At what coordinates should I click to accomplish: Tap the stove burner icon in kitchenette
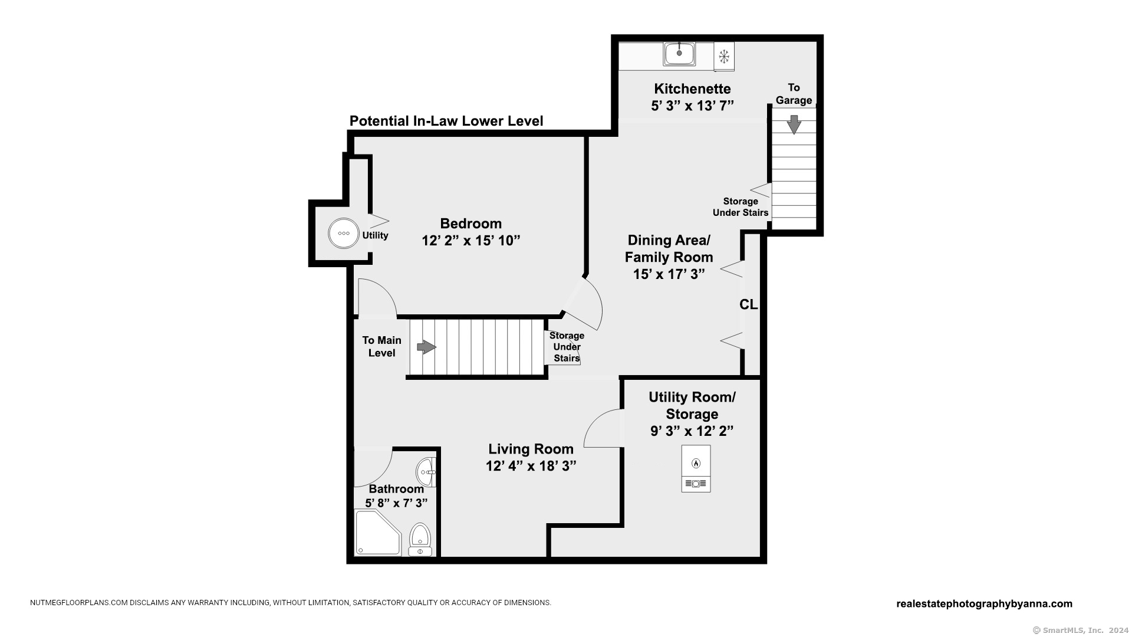click(x=724, y=57)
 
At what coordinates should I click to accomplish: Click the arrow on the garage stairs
click(x=794, y=124)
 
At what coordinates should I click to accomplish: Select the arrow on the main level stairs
click(x=426, y=347)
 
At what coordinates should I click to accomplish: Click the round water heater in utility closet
click(x=343, y=234)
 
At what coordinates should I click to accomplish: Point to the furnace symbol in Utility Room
click(x=696, y=468)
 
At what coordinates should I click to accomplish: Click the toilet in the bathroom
click(x=420, y=539)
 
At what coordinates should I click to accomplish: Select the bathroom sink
click(x=426, y=472)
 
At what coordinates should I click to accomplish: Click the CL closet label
click(x=748, y=304)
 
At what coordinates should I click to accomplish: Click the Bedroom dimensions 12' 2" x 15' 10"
click(x=471, y=241)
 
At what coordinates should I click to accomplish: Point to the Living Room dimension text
click(x=531, y=466)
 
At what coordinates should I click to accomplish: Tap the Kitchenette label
click(x=692, y=89)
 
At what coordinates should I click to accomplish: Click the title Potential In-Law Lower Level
click(x=446, y=121)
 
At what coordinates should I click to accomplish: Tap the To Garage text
click(x=794, y=94)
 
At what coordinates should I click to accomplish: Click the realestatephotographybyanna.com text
click(x=984, y=603)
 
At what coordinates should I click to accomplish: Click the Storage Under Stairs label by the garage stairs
click(x=740, y=207)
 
